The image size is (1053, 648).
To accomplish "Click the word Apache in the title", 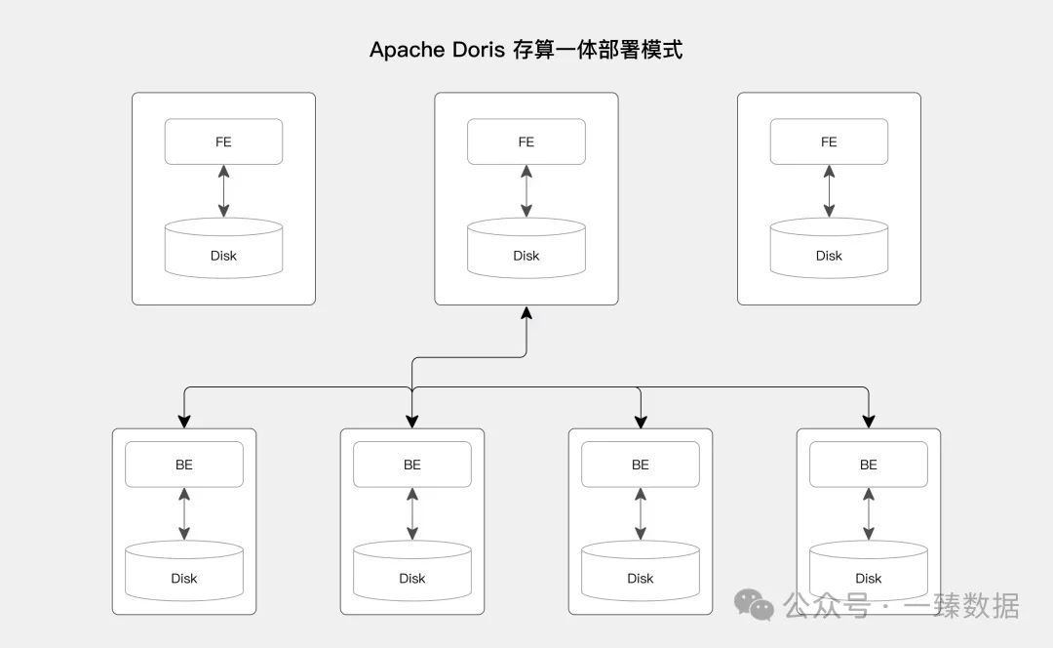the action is (x=407, y=51).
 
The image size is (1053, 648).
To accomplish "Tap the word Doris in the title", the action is (x=478, y=50).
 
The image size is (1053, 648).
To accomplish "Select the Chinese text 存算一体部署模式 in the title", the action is (x=598, y=50).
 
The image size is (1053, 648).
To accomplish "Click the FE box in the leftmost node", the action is (x=223, y=142).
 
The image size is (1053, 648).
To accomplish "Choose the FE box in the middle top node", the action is (x=526, y=142).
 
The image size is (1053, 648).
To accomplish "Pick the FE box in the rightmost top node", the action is (x=830, y=142).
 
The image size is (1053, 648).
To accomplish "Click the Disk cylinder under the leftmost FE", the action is (x=223, y=248).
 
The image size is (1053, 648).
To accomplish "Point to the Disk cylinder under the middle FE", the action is (x=526, y=248).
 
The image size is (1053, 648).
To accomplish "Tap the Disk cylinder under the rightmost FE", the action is (x=830, y=248).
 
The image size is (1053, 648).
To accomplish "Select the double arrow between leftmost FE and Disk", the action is (x=223, y=191).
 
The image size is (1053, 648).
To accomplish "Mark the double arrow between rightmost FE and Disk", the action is (x=830, y=191).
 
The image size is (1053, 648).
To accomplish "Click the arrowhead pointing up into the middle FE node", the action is (x=526, y=312).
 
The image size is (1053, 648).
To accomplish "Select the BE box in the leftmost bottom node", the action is (x=184, y=465).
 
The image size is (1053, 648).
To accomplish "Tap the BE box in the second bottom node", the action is (x=412, y=465).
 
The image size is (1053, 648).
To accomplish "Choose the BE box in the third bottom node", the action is (x=641, y=465).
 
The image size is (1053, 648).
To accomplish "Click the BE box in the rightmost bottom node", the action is (x=869, y=465).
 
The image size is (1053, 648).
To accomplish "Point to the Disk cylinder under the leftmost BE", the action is (x=184, y=571).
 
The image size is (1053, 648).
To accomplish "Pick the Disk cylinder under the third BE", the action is (x=641, y=571).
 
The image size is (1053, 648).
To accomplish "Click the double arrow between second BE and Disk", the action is (x=412, y=514).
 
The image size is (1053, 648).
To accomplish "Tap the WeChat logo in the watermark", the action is (x=754, y=604).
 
